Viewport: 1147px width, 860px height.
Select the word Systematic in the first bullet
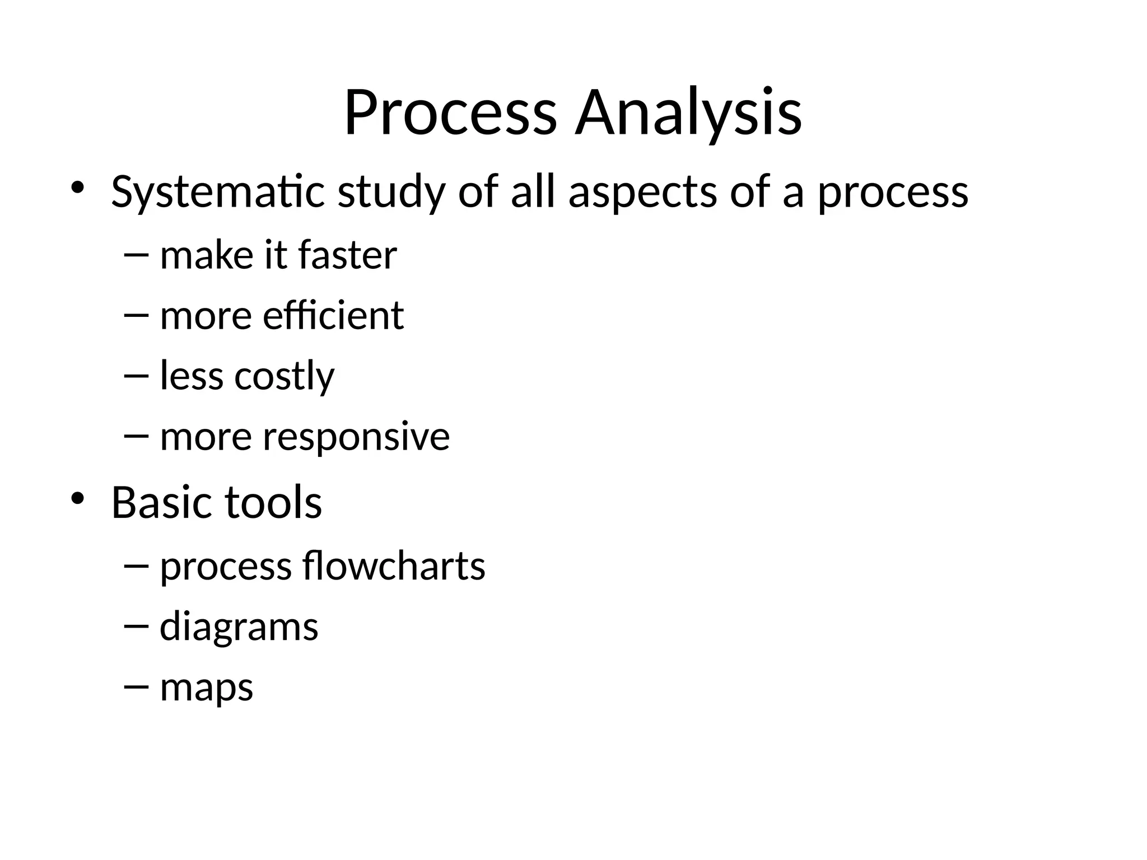[x=218, y=192]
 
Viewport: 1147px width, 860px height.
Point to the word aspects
[x=642, y=192]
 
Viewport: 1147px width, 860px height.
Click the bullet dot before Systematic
[x=77, y=187]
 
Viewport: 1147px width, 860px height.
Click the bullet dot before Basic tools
[x=77, y=497]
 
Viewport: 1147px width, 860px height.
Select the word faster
[x=347, y=255]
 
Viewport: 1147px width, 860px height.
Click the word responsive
[x=356, y=437]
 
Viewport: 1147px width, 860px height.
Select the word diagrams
[x=239, y=627]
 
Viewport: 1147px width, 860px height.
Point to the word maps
[x=207, y=688]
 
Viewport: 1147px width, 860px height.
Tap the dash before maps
[x=136, y=686]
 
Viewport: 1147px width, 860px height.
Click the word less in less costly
[x=192, y=376]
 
